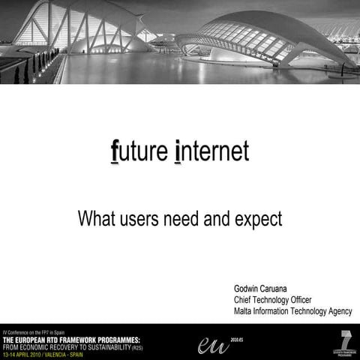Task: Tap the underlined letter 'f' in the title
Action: [x=115, y=151]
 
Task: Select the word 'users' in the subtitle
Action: [x=142, y=219]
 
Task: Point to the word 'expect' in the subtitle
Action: [x=257, y=220]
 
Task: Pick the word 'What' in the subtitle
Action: [x=96, y=219]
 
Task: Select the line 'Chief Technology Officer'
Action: [x=272, y=300]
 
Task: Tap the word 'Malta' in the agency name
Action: [x=244, y=311]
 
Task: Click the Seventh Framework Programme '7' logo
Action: [x=346, y=340]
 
